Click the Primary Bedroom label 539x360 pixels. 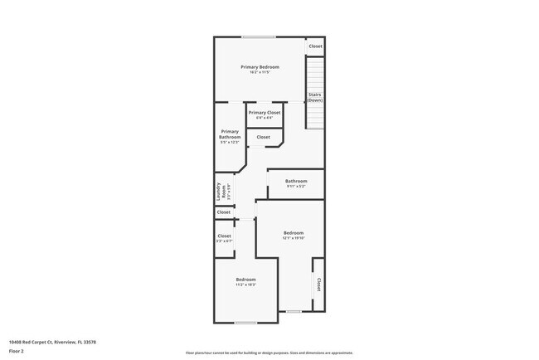260,66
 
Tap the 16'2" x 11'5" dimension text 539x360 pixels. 260,72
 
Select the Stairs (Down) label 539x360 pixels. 315,97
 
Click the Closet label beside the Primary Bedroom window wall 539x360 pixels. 315,46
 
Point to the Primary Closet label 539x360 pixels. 265,112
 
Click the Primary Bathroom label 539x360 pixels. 230,134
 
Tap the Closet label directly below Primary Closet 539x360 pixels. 263,137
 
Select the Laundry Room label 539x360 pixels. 220,192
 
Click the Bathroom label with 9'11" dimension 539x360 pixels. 296,181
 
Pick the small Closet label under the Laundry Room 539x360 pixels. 224,212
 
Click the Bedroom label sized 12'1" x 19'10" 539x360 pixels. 294,233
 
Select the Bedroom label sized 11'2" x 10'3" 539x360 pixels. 245,280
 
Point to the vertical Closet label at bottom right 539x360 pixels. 318,285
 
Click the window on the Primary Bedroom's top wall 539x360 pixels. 259,36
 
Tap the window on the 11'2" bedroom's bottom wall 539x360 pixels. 245,322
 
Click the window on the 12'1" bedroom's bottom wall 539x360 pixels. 294,311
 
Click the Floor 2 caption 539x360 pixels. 17,351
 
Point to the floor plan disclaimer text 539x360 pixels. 269,353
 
